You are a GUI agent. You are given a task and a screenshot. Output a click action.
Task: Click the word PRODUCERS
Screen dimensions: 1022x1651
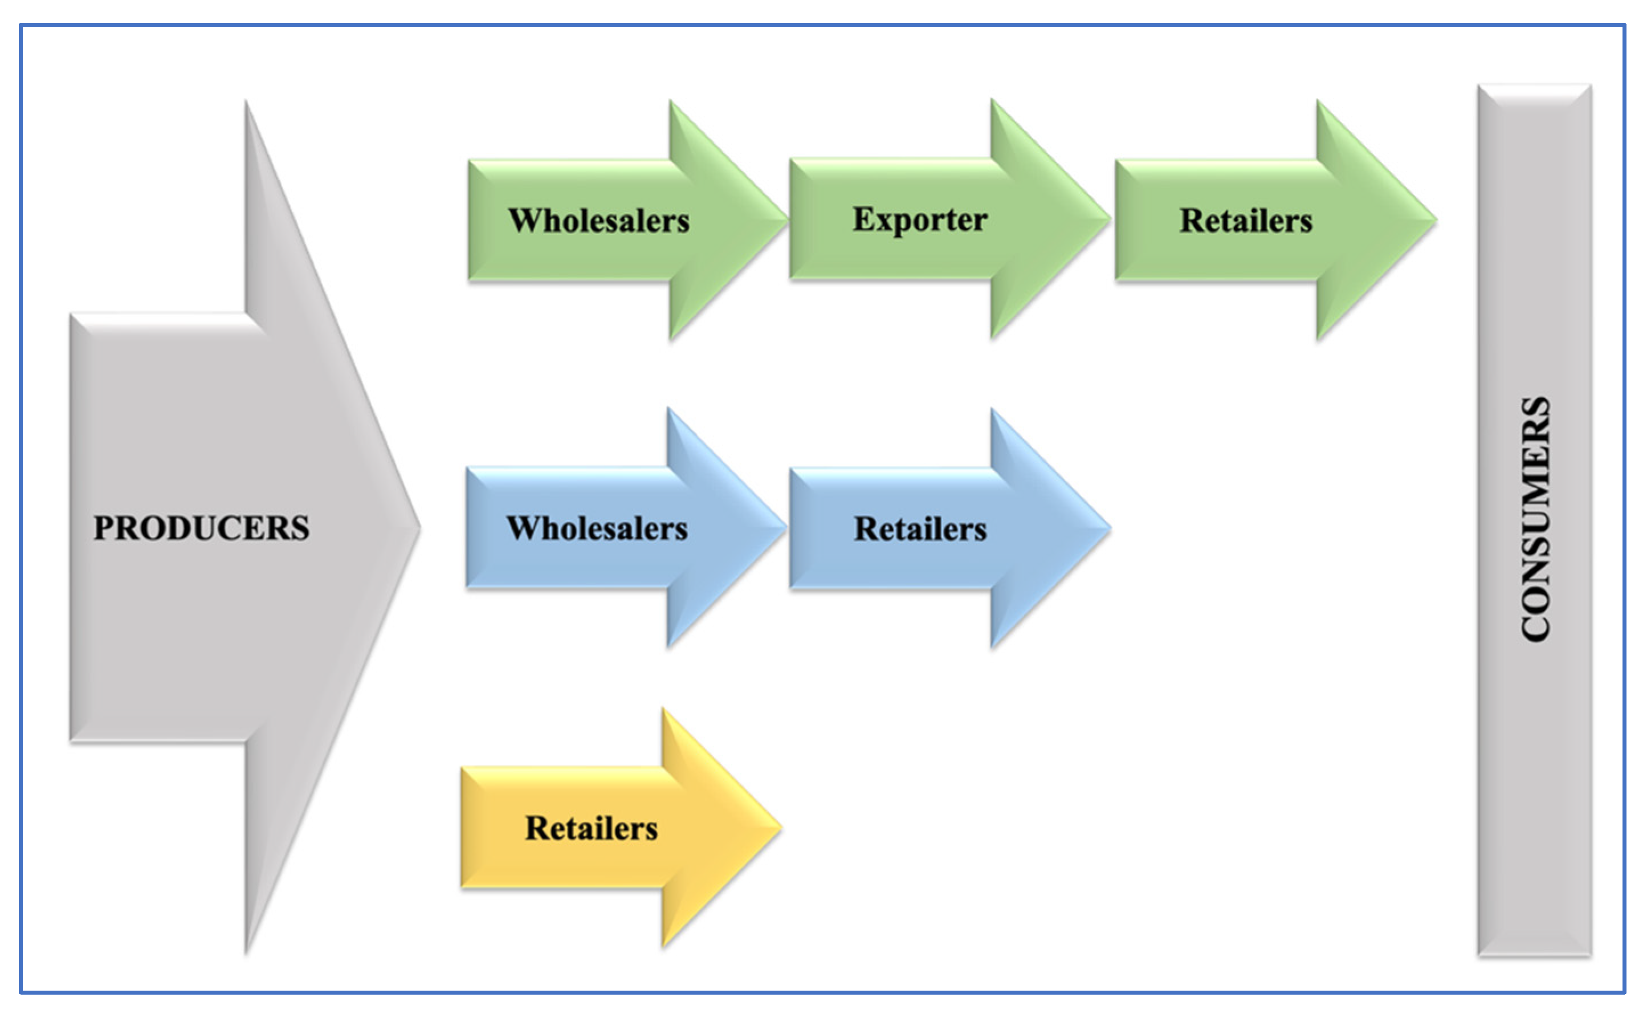tap(201, 528)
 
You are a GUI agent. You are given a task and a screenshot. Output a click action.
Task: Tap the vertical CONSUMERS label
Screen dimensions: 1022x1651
tap(1535, 519)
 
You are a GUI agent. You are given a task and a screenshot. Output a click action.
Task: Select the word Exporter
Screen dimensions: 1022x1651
tap(920, 219)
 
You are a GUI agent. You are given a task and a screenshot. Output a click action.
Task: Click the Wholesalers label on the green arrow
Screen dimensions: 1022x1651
tap(599, 221)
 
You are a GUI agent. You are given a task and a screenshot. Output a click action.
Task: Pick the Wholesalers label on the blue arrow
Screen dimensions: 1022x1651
tap(597, 528)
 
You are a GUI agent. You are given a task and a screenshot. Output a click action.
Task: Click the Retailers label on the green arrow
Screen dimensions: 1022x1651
tap(1245, 221)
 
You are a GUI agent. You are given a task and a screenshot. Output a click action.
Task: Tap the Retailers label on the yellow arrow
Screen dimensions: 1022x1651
tap(592, 829)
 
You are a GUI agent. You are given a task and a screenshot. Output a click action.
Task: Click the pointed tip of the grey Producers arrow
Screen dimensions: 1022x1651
tap(418, 528)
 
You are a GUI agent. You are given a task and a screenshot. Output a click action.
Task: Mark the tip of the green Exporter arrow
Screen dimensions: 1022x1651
tap(1108, 219)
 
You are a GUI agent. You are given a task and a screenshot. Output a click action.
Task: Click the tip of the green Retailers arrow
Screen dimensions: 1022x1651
tap(1434, 219)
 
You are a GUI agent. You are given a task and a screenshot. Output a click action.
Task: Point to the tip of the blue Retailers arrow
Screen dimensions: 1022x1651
tap(1108, 527)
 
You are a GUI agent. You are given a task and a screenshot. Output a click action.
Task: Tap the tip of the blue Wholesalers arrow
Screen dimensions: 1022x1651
tap(784, 527)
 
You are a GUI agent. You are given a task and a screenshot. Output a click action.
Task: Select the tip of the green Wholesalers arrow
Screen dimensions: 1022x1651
tap(785, 219)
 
